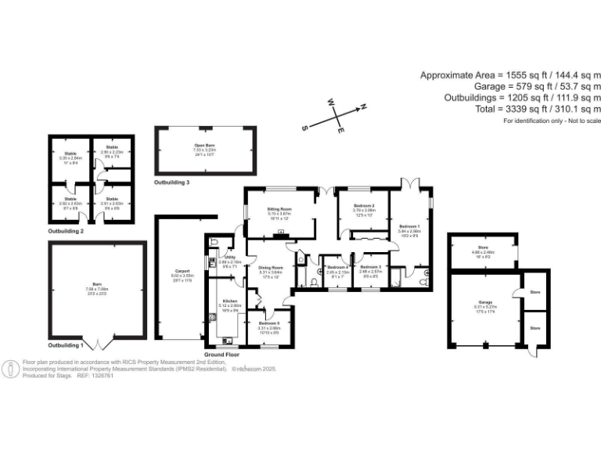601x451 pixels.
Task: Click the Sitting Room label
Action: tap(279, 210)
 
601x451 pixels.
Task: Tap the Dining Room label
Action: tap(270, 267)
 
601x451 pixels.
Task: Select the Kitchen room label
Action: tap(230, 301)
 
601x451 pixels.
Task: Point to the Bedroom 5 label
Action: tap(270, 323)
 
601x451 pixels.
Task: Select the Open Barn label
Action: tap(205, 146)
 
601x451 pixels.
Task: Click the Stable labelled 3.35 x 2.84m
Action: tap(70, 153)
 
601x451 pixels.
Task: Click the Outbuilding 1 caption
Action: tap(66, 345)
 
